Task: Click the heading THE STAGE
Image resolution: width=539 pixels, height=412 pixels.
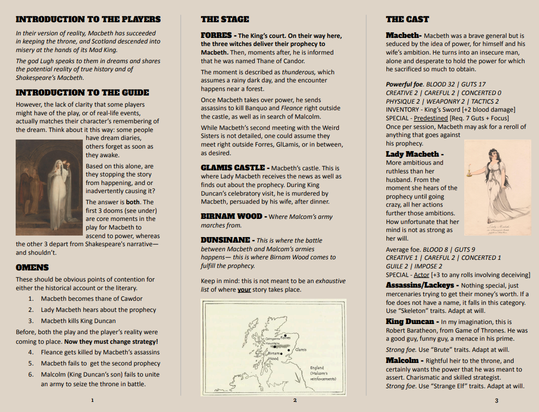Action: click(x=225, y=20)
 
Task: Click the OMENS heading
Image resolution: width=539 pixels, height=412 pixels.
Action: click(x=32, y=267)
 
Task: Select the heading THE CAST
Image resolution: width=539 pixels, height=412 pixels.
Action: click(x=407, y=20)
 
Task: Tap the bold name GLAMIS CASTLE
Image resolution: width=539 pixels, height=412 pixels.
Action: click(x=232, y=168)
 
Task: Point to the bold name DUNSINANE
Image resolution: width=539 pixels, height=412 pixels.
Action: click(x=225, y=240)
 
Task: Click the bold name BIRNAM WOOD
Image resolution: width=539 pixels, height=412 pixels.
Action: click(x=231, y=216)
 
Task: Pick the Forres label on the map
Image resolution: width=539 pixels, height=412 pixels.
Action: click(x=285, y=338)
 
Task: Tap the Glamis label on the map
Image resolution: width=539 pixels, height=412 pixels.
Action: click(x=301, y=349)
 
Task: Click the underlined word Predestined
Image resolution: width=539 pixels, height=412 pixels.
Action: click(x=431, y=118)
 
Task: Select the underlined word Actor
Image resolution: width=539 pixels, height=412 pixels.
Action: click(x=421, y=275)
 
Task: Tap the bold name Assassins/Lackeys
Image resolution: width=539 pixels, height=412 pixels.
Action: click(x=420, y=285)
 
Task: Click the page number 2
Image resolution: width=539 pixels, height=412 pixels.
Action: click(x=295, y=400)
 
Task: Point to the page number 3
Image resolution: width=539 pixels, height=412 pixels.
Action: click(x=497, y=400)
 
